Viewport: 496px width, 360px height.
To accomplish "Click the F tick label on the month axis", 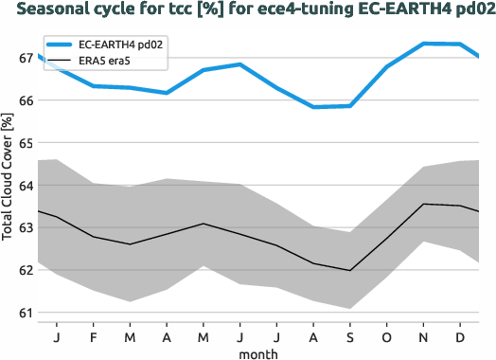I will point(93,336).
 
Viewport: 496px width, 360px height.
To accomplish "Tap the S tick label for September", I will point(350,336).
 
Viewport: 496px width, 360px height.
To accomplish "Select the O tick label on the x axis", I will point(386,336).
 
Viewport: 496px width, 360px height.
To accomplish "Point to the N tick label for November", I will point(423,336).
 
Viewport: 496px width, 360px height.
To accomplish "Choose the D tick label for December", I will point(460,336).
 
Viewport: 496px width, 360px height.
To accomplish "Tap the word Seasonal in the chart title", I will point(53,11).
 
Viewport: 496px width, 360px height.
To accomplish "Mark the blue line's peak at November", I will point(423,44).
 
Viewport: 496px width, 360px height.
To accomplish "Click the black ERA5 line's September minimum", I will point(350,271).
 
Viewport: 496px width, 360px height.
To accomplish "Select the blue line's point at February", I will point(93,85).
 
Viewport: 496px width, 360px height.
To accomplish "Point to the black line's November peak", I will point(423,204).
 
